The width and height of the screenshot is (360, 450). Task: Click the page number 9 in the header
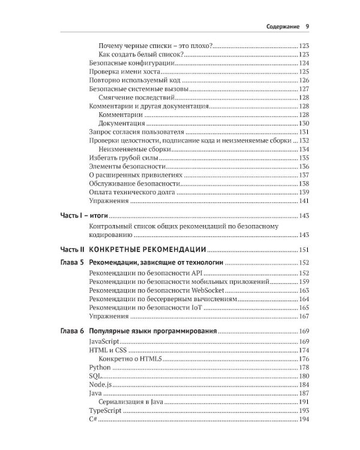pos(307,26)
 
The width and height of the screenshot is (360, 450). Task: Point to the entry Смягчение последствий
pos(137,97)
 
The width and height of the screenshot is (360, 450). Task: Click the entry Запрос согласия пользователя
pos(135,131)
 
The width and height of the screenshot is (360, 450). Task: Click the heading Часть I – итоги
pos(83,215)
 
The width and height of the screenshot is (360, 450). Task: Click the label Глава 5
pos(72,262)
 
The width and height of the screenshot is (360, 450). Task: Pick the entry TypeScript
pos(105,410)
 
